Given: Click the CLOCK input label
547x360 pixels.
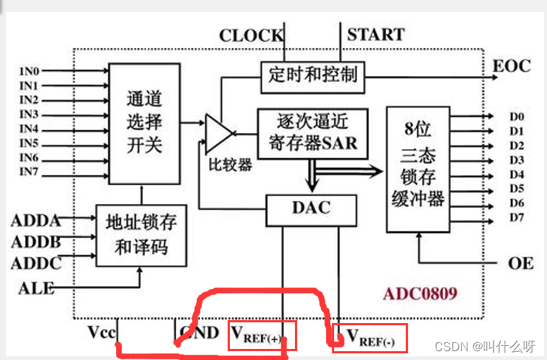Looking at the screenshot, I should click(251, 35).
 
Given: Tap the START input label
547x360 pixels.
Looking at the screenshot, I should click(376, 34).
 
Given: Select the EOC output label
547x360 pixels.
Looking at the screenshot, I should click(512, 66).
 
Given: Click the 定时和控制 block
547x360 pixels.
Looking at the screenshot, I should click(313, 75).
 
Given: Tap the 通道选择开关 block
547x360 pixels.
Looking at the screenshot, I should click(144, 123).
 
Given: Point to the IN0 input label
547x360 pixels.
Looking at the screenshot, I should click(30, 72).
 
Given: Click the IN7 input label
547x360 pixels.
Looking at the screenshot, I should click(30, 173).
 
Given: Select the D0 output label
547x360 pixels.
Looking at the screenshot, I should click(516, 117).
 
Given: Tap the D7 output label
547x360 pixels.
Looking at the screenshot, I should click(516, 217).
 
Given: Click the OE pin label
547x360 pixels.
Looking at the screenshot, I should click(520, 263).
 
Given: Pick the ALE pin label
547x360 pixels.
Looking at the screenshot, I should click(36, 287).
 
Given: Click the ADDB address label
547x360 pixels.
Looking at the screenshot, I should click(35, 242).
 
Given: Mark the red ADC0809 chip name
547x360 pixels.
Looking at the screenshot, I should click(420, 293).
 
